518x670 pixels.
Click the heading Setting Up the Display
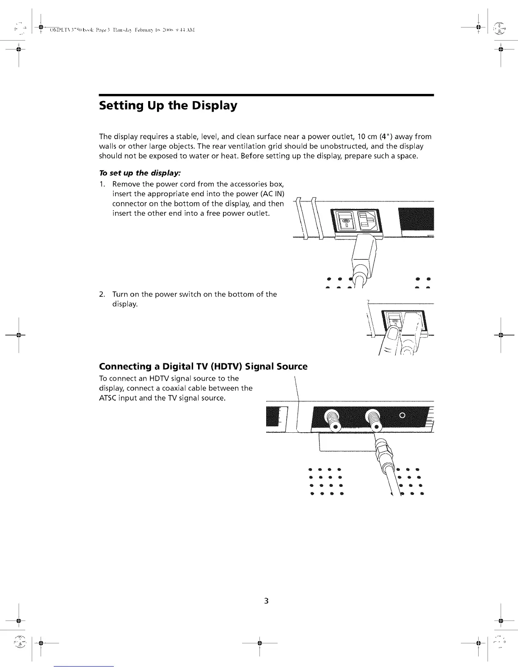point(168,106)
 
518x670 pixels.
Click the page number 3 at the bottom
point(266,601)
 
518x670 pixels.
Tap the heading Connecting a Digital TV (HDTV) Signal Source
point(203,366)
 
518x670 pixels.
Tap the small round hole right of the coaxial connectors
point(403,415)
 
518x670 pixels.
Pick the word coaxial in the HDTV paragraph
point(176,388)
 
